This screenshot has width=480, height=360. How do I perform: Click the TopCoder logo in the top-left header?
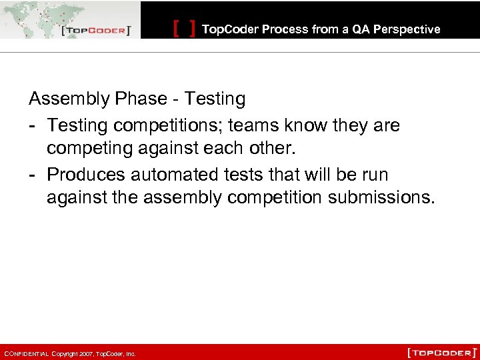95,31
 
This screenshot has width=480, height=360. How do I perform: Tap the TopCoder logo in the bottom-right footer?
442,352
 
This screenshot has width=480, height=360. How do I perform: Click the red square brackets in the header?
184,29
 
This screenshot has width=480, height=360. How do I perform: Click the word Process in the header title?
285,29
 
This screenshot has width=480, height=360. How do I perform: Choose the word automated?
174,175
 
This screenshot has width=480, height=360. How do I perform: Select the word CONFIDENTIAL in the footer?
27,353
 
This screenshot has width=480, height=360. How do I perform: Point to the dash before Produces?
33,175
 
